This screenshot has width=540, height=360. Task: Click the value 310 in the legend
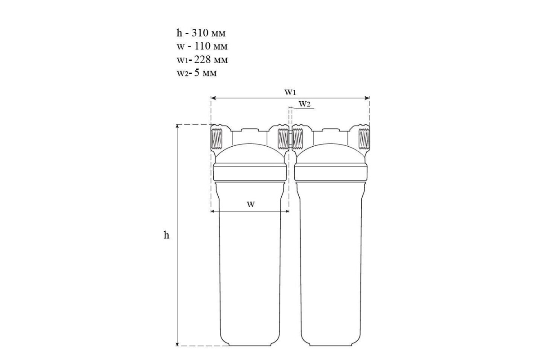click(200, 33)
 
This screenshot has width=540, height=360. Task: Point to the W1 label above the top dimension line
click(290, 92)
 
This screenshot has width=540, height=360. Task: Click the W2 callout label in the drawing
click(305, 104)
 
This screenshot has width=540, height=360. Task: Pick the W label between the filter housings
click(251, 204)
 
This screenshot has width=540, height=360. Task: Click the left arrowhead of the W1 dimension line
click(213, 98)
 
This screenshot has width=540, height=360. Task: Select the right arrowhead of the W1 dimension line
click(367, 98)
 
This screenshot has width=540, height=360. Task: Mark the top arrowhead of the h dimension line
click(177, 127)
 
